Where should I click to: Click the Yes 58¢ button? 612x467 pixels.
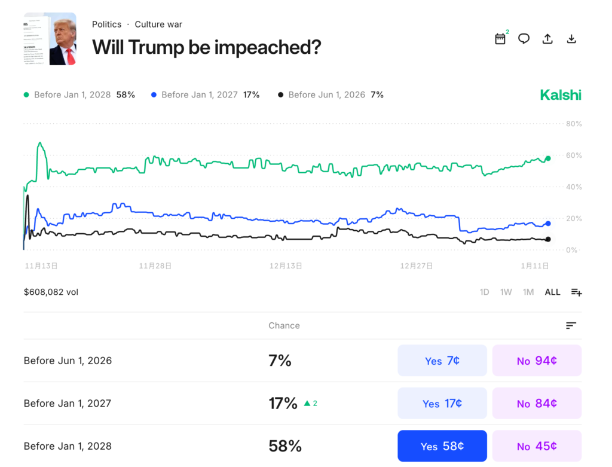tap(442, 446)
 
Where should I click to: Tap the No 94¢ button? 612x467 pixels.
tap(537, 361)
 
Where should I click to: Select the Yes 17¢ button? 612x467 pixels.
tap(442, 404)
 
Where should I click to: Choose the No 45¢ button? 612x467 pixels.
tap(537, 446)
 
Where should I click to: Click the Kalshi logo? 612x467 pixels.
tap(560, 94)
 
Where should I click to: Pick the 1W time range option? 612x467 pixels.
tap(506, 292)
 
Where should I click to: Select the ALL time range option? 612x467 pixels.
tap(552, 292)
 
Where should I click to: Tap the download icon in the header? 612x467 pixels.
tap(571, 39)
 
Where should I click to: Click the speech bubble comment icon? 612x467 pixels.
tap(524, 39)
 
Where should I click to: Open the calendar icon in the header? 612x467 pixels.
tap(500, 39)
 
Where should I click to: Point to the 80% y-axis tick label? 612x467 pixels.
tap(574, 124)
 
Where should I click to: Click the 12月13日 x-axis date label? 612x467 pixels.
tap(286, 265)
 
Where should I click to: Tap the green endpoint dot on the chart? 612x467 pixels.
tap(547, 158)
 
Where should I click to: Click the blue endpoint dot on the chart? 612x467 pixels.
tap(547, 223)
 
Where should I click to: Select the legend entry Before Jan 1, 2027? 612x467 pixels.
tap(200, 94)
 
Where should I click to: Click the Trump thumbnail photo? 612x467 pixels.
tap(50, 39)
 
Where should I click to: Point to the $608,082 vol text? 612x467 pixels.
tap(51, 292)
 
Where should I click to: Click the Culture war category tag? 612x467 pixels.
tap(158, 25)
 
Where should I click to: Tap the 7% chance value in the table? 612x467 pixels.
tap(280, 361)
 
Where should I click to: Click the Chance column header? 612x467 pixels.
tap(284, 325)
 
